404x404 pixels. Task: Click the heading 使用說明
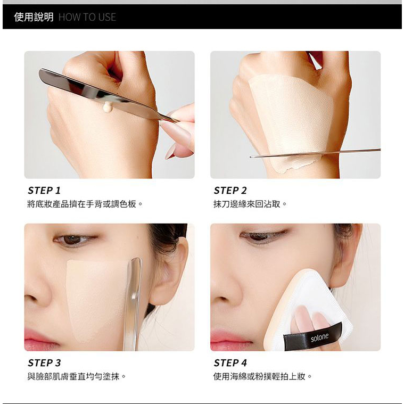click(x=34, y=17)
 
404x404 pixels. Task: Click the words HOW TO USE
click(x=87, y=17)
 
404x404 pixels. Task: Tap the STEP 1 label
click(x=44, y=191)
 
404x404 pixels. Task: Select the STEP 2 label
click(x=230, y=191)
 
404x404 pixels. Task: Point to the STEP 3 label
click(x=44, y=363)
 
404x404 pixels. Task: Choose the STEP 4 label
click(x=230, y=363)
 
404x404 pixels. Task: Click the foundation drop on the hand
click(x=107, y=106)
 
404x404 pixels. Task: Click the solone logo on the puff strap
click(x=319, y=337)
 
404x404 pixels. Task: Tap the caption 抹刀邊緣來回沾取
click(x=247, y=204)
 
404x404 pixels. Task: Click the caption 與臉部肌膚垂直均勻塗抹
click(x=73, y=377)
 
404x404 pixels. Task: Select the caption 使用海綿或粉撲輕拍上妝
click(x=259, y=377)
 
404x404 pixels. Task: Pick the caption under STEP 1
click(x=82, y=204)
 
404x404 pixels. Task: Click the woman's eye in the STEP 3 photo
click(x=73, y=240)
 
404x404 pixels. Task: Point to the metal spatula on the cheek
click(x=134, y=304)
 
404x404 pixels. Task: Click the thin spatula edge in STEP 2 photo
click(x=315, y=153)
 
